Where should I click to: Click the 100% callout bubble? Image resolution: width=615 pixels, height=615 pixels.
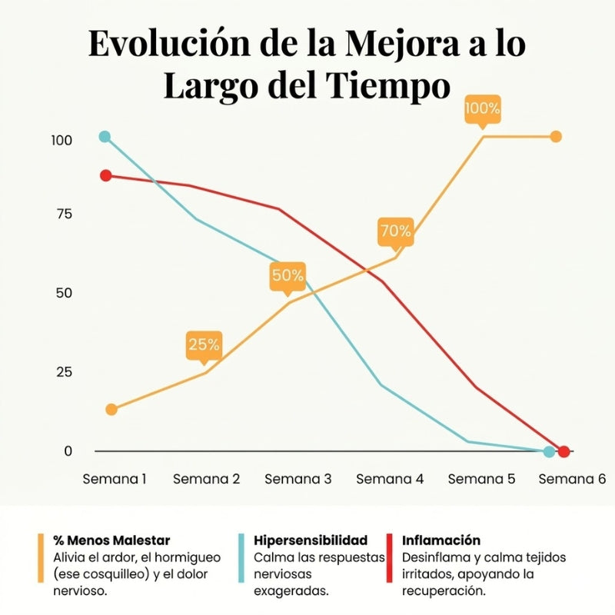[482, 109]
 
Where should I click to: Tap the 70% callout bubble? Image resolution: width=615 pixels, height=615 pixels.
[395, 231]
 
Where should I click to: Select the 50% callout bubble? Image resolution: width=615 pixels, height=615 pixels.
[288, 275]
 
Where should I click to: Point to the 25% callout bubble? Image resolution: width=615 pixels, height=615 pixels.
[204, 344]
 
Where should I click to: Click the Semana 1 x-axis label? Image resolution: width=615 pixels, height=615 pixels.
[115, 479]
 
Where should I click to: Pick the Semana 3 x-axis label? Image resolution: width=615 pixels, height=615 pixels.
[298, 479]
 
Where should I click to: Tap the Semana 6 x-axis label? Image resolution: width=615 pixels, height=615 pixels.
[572, 479]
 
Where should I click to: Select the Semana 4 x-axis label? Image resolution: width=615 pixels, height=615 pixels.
[390, 479]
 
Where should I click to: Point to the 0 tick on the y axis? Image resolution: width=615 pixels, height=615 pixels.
[68, 451]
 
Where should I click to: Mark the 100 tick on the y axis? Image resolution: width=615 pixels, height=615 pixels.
[61, 141]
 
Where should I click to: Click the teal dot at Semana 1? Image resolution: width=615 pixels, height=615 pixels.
[105, 137]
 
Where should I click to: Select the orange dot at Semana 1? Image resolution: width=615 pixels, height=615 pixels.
[111, 409]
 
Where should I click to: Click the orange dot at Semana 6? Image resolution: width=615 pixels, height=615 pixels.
[556, 136]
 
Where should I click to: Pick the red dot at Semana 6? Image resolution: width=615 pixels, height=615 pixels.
[563, 451]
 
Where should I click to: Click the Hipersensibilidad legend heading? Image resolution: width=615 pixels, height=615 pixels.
[311, 540]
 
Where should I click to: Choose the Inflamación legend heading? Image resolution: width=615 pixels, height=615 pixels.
[441, 540]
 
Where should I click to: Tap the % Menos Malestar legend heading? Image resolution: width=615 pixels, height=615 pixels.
[112, 540]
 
